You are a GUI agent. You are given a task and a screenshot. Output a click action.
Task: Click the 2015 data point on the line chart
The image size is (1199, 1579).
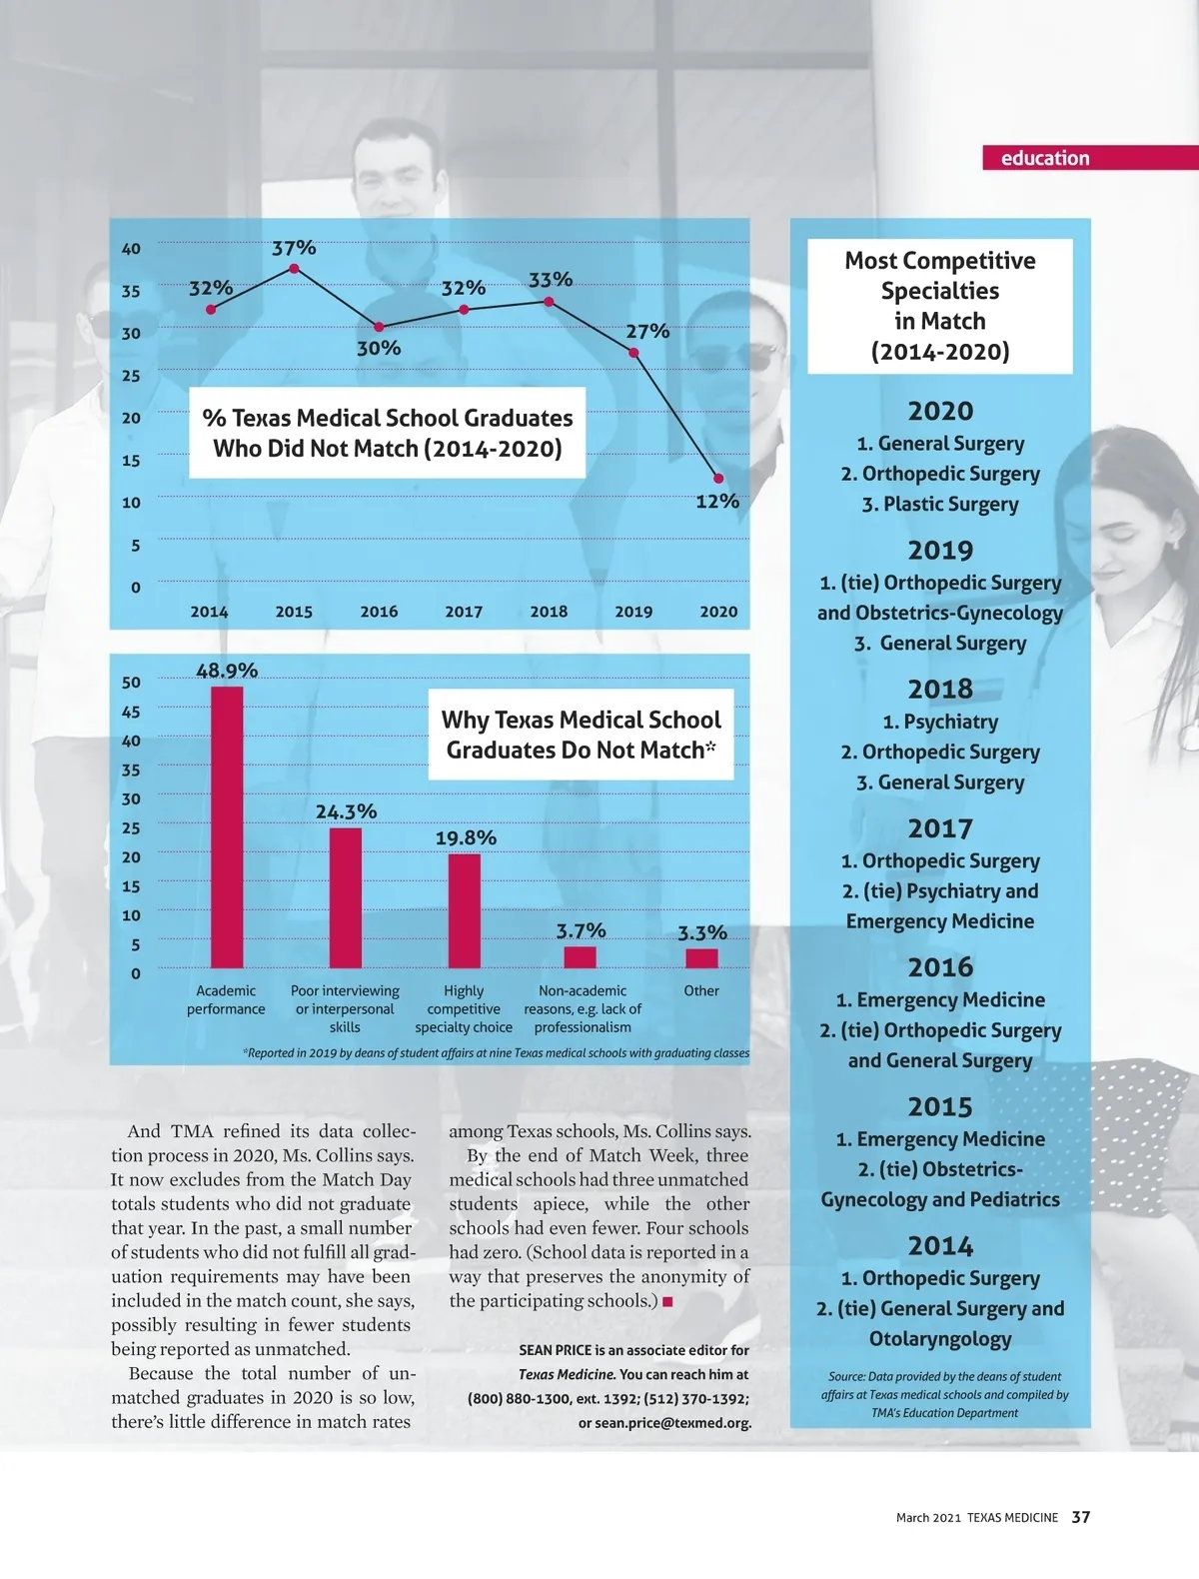coord(294,269)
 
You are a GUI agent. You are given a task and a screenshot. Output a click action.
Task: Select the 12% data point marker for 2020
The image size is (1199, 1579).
coord(717,479)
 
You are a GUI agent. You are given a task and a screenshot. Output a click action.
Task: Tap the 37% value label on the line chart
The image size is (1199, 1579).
coord(294,248)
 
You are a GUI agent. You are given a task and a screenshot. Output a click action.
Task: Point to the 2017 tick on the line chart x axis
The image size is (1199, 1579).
coord(464,612)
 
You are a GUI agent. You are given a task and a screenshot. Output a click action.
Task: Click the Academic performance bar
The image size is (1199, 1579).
coord(227,827)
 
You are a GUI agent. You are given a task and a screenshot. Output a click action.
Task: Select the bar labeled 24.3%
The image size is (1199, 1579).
coord(346,897)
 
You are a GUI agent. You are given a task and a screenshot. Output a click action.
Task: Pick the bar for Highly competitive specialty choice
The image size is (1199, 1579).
coord(464,910)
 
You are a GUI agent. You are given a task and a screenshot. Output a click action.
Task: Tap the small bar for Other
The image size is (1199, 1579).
coord(701,958)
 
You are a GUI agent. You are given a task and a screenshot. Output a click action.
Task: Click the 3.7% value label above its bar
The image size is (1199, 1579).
coord(581,930)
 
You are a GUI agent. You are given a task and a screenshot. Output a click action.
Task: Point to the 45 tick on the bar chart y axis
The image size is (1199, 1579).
coord(132,713)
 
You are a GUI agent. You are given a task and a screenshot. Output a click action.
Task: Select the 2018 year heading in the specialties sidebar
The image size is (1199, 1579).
coord(940,689)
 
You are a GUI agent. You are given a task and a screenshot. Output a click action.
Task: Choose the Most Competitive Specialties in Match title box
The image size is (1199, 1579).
coord(940,306)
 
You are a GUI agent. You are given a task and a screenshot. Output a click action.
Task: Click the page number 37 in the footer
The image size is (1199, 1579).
coord(1081,1517)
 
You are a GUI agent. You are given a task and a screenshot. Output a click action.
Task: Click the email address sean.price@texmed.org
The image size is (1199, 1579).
coord(672,1422)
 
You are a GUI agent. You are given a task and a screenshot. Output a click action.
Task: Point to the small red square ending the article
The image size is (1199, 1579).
coord(667,1301)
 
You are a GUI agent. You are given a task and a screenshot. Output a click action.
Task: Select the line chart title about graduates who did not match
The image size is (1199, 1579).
coord(388,433)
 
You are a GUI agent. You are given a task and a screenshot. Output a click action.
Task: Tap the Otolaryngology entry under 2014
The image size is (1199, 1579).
coord(940,1338)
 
